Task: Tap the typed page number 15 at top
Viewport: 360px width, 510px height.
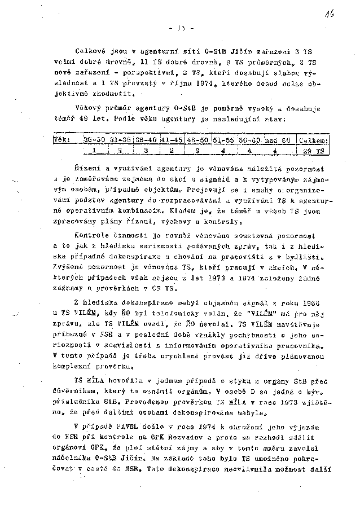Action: (182, 28)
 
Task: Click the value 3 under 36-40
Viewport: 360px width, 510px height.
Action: (146, 151)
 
